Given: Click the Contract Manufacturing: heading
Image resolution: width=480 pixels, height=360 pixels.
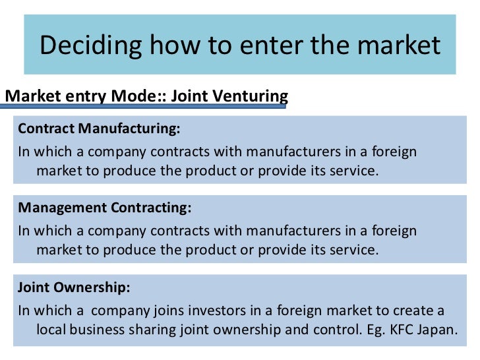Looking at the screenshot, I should (99, 127).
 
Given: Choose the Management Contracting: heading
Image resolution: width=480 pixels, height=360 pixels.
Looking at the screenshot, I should (105, 208).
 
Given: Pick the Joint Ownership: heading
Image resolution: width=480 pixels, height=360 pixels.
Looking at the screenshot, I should (74, 287).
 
